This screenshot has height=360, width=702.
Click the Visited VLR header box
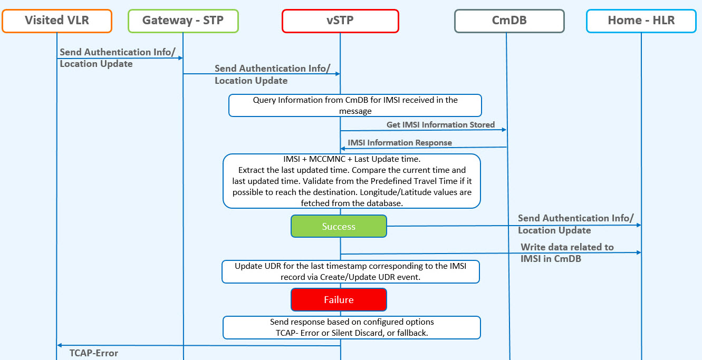[x=57, y=21]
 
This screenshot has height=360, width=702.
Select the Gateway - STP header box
[x=183, y=21]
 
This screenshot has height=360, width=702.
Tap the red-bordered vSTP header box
[x=340, y=21]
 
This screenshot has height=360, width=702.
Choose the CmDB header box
[x=509, y=21]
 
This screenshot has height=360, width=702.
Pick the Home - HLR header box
[x=641, y=21]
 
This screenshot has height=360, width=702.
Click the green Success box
[x=339, y=226]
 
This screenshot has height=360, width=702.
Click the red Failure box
[x=339, y=299]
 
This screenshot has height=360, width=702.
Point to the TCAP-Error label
[x=94, y=353]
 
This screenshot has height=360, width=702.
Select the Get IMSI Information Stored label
[x=440, y=125]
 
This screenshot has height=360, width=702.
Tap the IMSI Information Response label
[x=400, y=143]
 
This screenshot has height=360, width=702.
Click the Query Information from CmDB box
[x=355, y=105]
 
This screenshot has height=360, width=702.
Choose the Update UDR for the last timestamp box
[x=350, y=271]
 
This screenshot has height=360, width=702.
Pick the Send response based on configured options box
[x=351, y=327]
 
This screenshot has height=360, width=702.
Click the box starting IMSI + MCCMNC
[x=352, y=181]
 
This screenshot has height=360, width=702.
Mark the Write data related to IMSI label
[x=567, y=253]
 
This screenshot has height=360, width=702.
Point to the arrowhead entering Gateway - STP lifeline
[x=180, y=58]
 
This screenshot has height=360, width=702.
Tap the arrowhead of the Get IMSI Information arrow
[x=504, y=130]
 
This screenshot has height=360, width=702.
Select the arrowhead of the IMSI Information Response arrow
[x=343, y=149]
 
